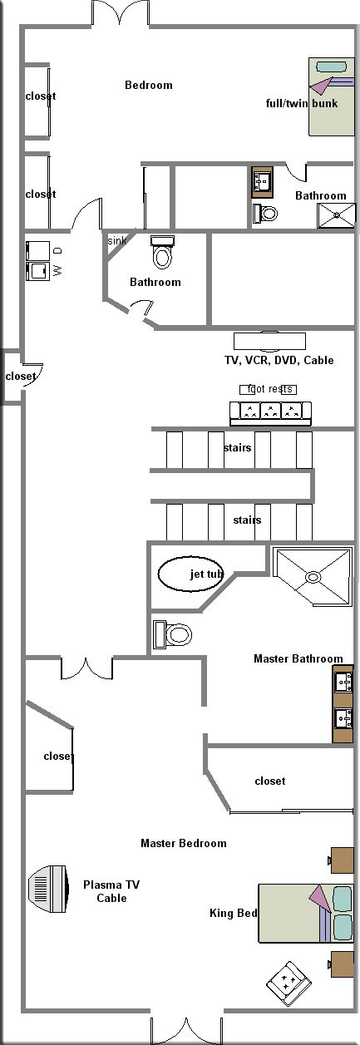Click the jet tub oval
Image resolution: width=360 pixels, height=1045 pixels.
[x=190, y=574]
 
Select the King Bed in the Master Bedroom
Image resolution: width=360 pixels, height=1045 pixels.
[x=306, y=913]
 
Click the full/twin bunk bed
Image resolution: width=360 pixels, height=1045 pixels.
[x=331, y=96]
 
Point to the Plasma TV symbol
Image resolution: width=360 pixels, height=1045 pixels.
[x=48, y=889]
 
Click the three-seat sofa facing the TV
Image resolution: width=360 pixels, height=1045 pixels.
[x=270, y=413]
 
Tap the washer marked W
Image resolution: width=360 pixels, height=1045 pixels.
[x=37, y=271]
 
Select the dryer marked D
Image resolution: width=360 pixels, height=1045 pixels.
[x=37, y=251]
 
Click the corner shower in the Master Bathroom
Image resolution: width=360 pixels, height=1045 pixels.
[x=313, y=577]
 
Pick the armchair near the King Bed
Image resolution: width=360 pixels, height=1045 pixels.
[x=289, y=983]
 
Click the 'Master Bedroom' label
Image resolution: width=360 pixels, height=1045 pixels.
[x=184, y=843]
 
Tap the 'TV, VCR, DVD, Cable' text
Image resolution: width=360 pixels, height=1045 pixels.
[x=279, y=360]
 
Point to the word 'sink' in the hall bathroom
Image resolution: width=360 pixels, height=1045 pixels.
[x=117, y=241]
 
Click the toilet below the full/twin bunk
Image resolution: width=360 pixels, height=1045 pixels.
[x=265, y=214]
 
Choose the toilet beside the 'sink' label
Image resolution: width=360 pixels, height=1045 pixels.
[x=162, y=252]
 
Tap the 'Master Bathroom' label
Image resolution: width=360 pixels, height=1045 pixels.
[x=298, y=658]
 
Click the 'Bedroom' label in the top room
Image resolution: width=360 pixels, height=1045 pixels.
[x=149, y=85]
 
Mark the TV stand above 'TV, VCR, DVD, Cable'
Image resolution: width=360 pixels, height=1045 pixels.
[x=269, y=341]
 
